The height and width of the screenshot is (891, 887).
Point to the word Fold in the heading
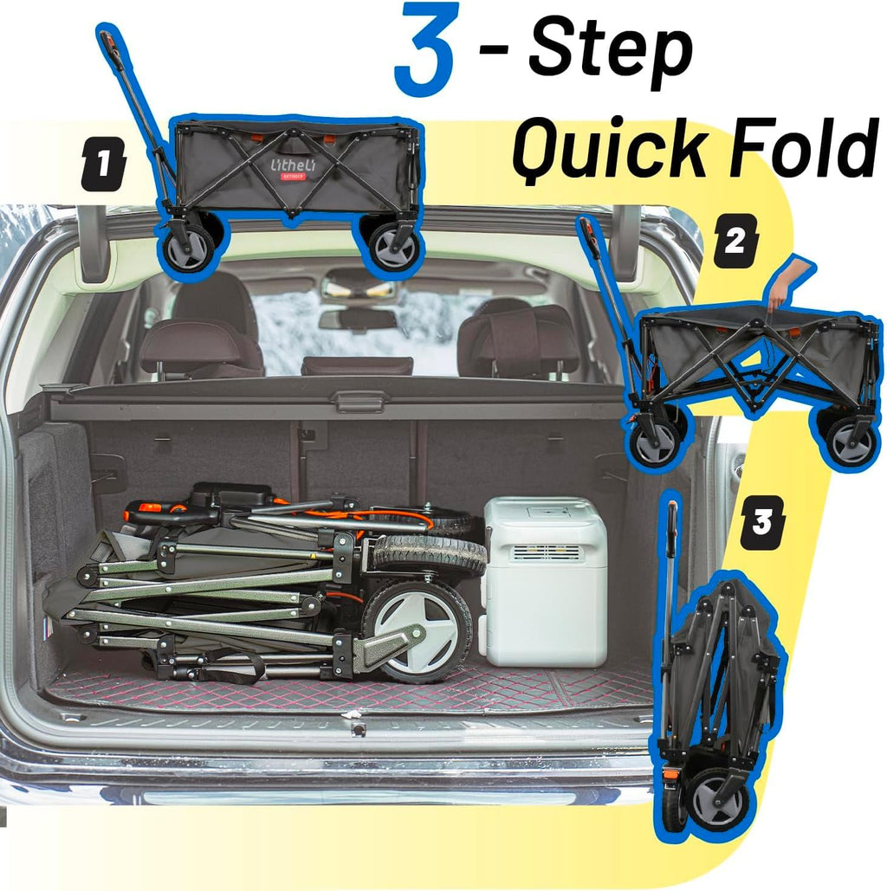802,146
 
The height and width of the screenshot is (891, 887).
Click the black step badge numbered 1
103,164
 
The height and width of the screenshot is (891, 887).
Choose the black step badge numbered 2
735,241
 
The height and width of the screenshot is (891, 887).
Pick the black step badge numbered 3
762,521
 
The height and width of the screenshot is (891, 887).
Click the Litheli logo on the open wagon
293,167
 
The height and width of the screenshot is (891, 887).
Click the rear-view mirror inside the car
357,319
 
